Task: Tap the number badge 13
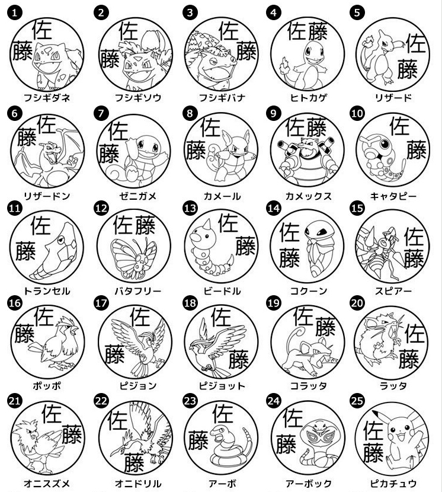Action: click(190, 208)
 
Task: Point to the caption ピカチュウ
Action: click(393, 484)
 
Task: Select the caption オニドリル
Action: click(133, 484)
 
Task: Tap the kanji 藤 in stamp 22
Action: click(134, 461)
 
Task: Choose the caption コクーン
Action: click(308, 291)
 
